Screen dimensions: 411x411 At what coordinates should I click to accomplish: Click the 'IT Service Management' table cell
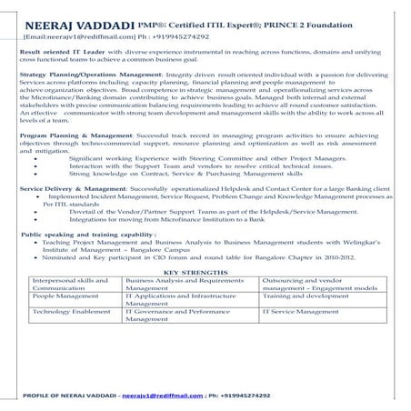[x=296, y=336]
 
